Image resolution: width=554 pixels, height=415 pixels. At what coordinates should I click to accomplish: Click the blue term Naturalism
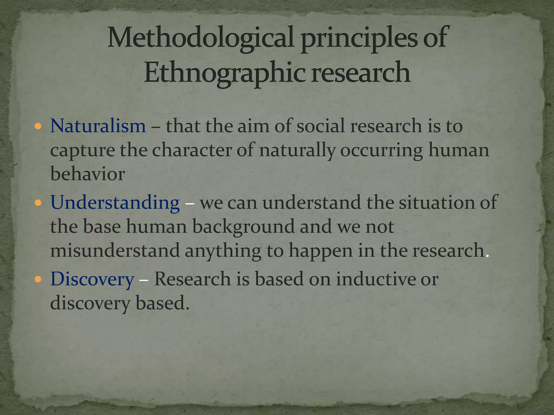click(x=98, y=126)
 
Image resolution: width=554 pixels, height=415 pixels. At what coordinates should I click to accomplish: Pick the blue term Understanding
click(x=115, y=202)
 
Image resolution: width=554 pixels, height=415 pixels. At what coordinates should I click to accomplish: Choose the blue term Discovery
click(x=92, y=279)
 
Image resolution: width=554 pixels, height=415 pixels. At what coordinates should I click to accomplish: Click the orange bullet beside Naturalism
click(x=38, y=126)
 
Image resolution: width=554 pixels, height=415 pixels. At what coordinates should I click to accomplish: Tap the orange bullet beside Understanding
click(x=38, y=203)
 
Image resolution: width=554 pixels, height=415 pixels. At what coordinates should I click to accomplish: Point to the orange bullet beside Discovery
click(x=38, y=279)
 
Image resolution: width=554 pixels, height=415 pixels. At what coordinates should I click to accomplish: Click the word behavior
click(x=87, y=174)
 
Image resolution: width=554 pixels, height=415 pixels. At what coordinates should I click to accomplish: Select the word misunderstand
click(x=115, y=250)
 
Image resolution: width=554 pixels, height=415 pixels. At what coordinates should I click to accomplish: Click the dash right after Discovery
click(x=144, y=280)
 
